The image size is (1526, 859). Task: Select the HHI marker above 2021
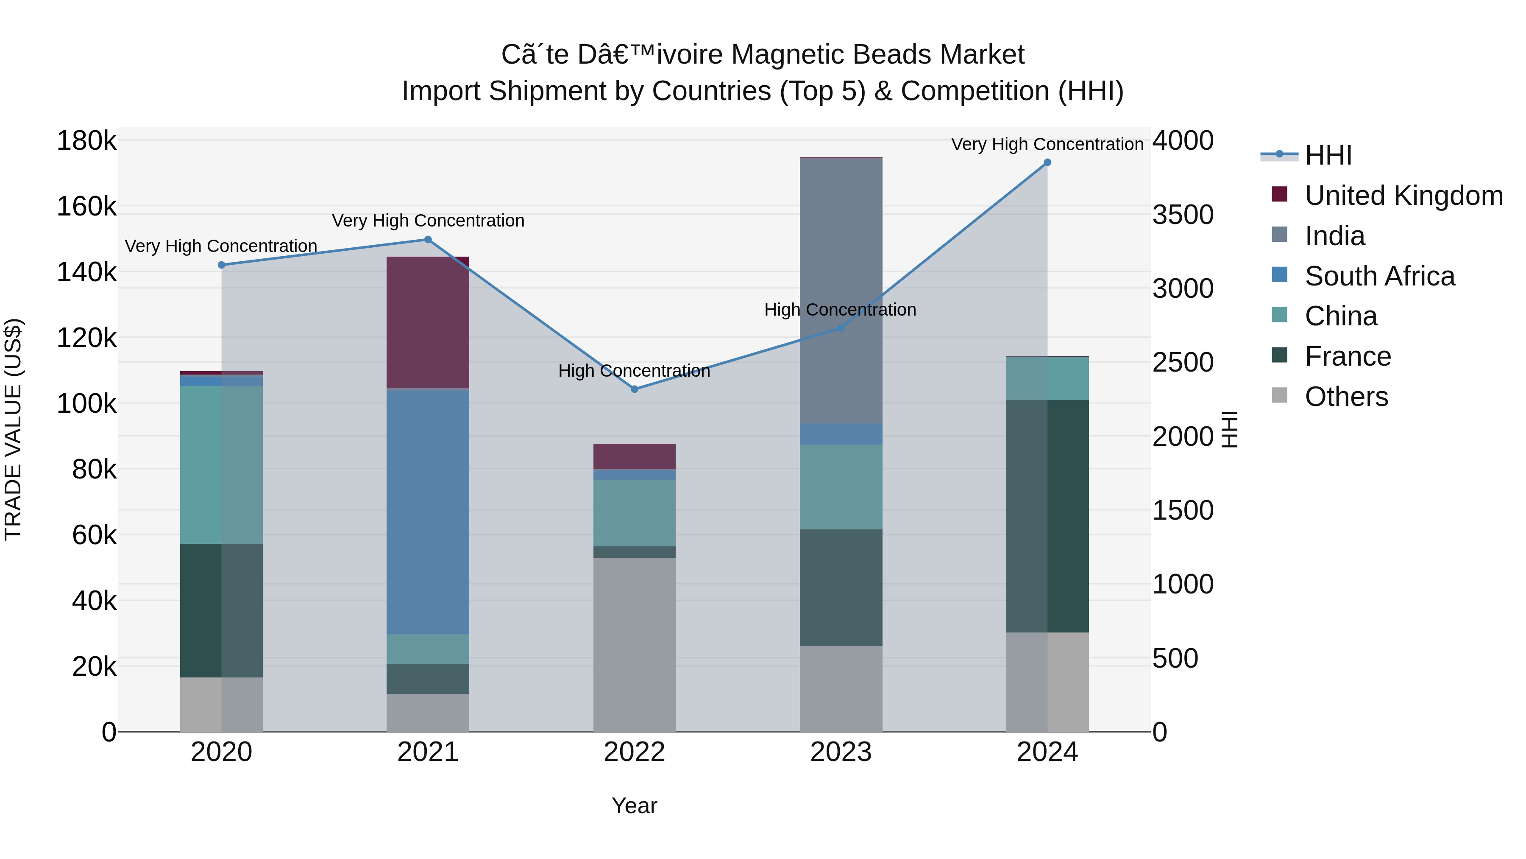point(428,240)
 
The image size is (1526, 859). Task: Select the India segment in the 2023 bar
point(841,291)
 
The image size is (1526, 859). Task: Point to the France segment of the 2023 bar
point(841,588)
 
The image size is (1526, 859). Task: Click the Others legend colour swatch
point(1280,396)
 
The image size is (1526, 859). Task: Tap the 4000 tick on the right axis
point(1182,141)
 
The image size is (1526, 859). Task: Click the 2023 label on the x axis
point(841,752)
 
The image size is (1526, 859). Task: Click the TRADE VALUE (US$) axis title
point(13,429)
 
